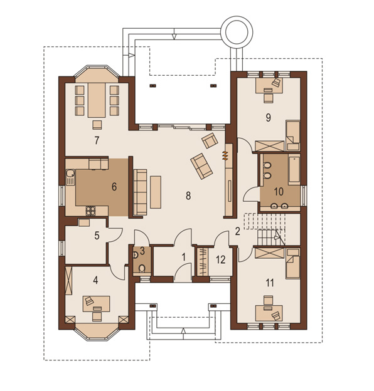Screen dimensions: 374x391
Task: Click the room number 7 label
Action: pyautogui.click(x=97, y=140)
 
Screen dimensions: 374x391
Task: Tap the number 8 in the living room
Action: pyautogui.click(x=188, y=195)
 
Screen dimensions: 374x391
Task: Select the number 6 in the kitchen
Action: pyautogui.click(x=114, y=187)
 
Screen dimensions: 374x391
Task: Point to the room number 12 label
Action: pyautogui.click(x=221, y=260)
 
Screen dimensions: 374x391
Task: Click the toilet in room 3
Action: pyautogui.click(x=142, y=268)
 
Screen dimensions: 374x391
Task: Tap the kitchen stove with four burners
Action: pyautogui.click(x=90, y=211)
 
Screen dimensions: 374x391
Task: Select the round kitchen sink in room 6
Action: pyautogui.click(x=70, y=174)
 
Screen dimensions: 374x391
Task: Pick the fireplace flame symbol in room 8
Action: pyautogui.click(x=225, y=155)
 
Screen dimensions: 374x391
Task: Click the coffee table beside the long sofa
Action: pyautogui.click(x=156, y=192)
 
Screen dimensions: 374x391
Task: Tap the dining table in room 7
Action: pyautogui.click(x=97, y=100)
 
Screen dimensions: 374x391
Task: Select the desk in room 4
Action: pyautogui.click(x=97, y=304)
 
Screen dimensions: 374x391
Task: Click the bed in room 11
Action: pyautogui.click(x=293, y=263)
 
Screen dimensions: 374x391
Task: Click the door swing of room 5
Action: pyautogui.click(x=115, y=234)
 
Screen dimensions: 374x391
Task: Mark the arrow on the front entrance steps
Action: pyautogui.click(x=183, y=331)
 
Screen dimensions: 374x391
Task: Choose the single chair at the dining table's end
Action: pyautogui.click(x=97, y=125)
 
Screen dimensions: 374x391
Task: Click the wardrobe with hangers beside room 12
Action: pyautogui.click(x=203, y=262)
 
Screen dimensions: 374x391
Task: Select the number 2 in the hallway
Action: pyautogui.click(x=237, y=231)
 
